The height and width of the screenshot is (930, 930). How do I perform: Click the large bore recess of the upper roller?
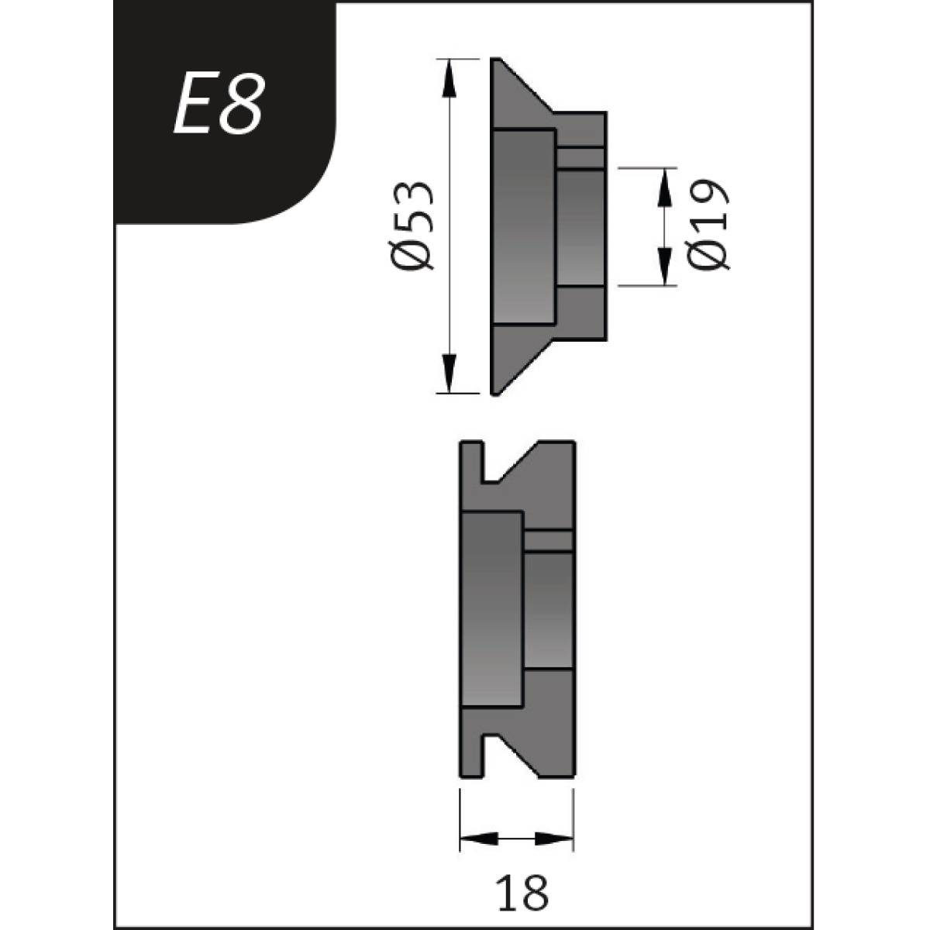pyautogui.click(x=524, y=225)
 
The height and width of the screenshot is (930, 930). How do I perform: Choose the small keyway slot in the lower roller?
pyautogui.click(x=549, y=540)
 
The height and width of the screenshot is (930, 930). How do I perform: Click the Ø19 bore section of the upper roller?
pyautogui.click(x=580, y=228)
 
